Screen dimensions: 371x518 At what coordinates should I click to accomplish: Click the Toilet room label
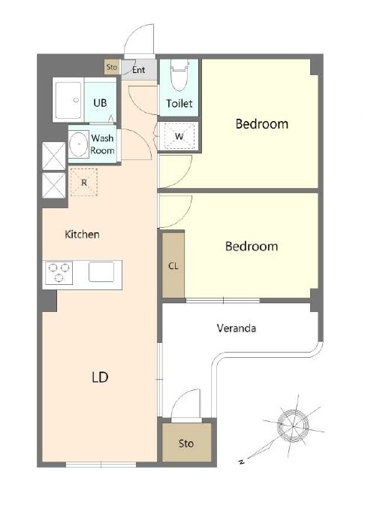click(179, 104)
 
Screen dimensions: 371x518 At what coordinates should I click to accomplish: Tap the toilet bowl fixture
click(179, 76)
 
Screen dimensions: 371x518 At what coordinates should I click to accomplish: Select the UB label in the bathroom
click(100, 103)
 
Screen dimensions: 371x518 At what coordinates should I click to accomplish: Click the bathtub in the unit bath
click(68, 101)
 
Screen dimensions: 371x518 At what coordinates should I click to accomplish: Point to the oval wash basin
click(79, 144)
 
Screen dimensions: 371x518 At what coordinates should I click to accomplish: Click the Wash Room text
click(103, 144)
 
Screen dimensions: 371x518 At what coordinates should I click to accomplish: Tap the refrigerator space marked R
click(84, 183)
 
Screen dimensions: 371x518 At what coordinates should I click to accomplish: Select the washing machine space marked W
click(179, 136)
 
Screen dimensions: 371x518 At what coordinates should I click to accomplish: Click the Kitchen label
click(82, 235)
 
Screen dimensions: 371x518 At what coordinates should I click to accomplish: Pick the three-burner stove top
click(59, 273)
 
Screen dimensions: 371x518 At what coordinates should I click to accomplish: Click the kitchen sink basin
click(101, 272)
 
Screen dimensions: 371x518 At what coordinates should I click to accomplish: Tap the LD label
click(100, 377)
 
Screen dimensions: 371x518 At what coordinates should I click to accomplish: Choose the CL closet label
click(173, 266)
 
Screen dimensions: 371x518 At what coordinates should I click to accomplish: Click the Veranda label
click(237, 328)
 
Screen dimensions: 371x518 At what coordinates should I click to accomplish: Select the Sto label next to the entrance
click(112, 67)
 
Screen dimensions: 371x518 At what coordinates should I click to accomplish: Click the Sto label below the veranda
click(185, 444)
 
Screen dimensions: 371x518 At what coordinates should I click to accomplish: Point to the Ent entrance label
click(139, 70)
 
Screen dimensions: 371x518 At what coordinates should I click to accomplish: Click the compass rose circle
click(293, 425)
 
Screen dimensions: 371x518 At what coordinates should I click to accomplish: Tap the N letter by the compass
click(241, 462)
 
